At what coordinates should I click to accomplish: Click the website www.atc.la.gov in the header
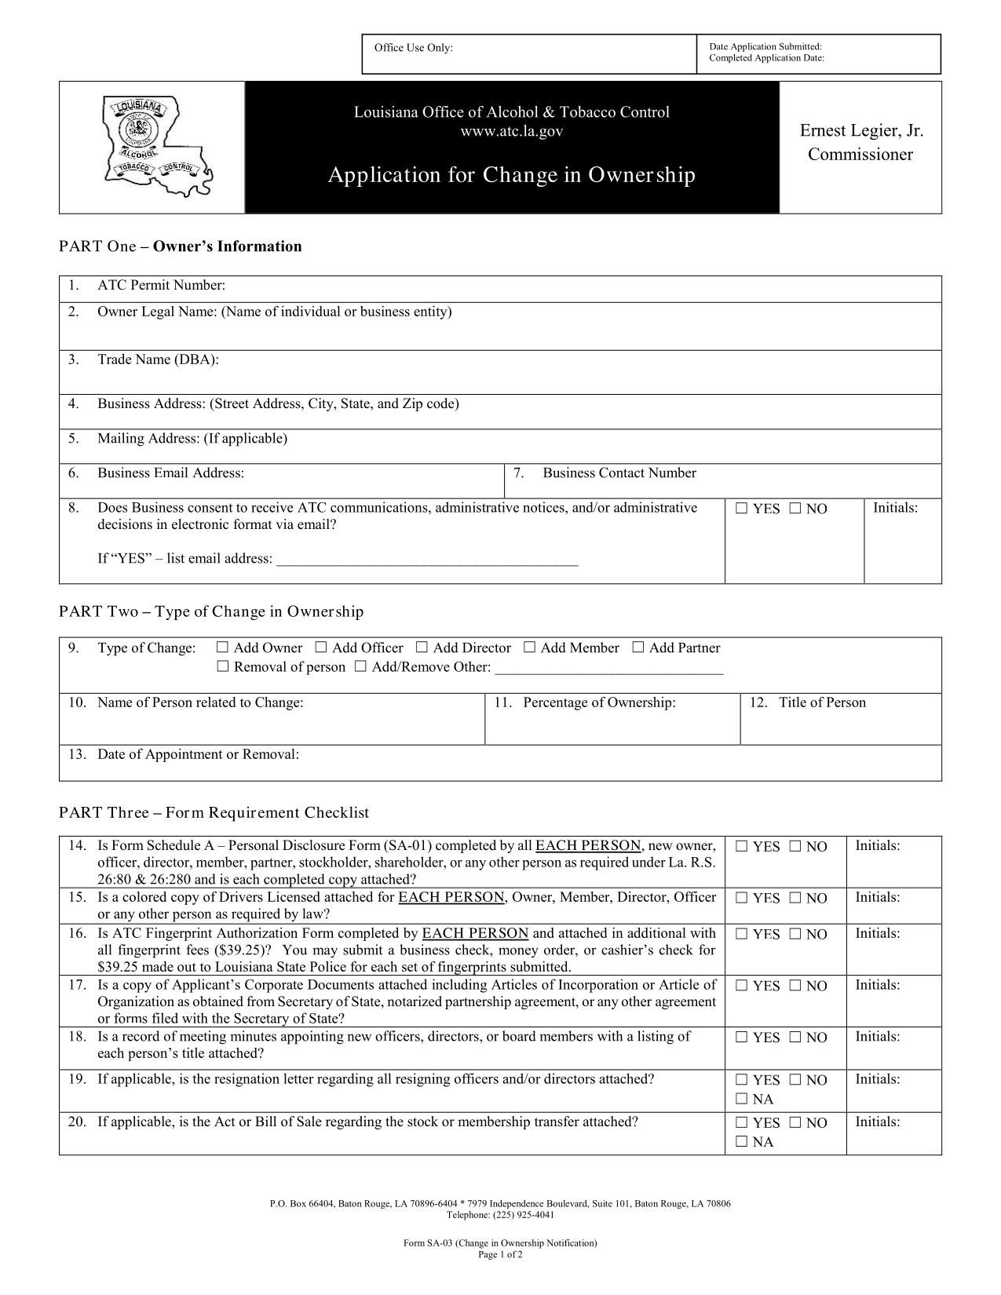(x=511, y=132)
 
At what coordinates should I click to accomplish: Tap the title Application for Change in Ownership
(x=511, y=174)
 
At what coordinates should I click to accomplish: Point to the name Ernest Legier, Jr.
(x=861, y=130)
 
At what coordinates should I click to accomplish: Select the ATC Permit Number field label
(x=161, y=285)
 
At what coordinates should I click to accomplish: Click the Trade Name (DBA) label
(x=158, y=359)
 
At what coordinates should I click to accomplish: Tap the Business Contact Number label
(x=619, y=473)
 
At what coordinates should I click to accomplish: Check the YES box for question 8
(x=742, y=509)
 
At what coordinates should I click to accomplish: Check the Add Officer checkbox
(x=321, y=647)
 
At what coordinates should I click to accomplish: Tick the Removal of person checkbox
(x=223, y=667)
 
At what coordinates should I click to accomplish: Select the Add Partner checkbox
(x=638, y=647)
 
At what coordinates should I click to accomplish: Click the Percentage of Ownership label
(x=599, y=702)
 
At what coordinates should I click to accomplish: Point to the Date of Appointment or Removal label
(x=198, y=754)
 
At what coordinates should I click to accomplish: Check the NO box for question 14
(x=795, y=847)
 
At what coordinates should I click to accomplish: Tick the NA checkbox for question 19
(x=742, y=1099)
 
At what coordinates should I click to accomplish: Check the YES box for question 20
(x=742, y=1122)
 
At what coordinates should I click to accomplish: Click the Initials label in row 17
(x=877, y=985)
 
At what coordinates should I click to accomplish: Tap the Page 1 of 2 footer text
(x=500, y=1254)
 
